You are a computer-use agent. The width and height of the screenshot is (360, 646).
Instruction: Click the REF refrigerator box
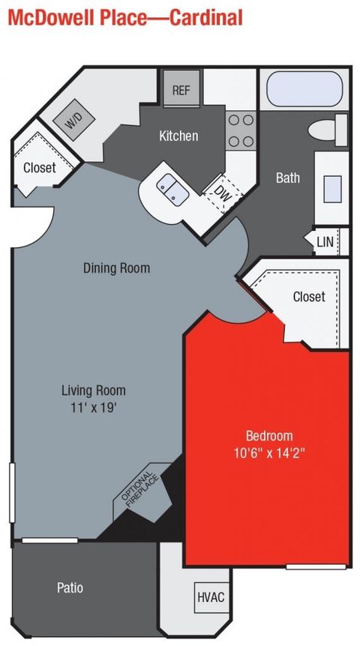[x=181, y=90]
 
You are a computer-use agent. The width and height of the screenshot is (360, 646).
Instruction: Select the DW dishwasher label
[x=222, y=192]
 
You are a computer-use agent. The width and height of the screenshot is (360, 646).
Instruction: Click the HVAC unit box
[x=211, y=597]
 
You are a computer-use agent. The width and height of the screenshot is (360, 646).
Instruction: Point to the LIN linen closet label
[x=325, y=242]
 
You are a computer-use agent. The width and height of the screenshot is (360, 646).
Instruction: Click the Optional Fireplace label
[x=139, y=492]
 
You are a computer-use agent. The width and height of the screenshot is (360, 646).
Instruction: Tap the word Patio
[x=70, y=588]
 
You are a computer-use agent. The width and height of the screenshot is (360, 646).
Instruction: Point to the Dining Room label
[x=116, y=268]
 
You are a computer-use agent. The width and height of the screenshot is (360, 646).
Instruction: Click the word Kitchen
[x=178, y=136]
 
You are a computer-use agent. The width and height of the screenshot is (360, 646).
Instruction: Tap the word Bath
[x=288, y=178]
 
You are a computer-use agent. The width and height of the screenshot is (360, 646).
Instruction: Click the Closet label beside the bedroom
[x=308, y=297]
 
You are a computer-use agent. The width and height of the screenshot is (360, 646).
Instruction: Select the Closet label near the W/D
[x=39, y=168]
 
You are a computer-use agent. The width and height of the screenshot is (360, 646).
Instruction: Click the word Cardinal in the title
[x=206, y=17]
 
